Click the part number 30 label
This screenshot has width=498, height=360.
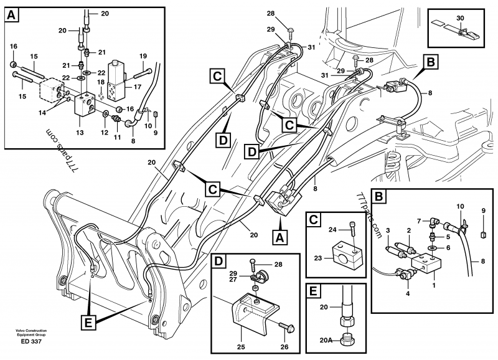pyautogui.click(x=460, y=18)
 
